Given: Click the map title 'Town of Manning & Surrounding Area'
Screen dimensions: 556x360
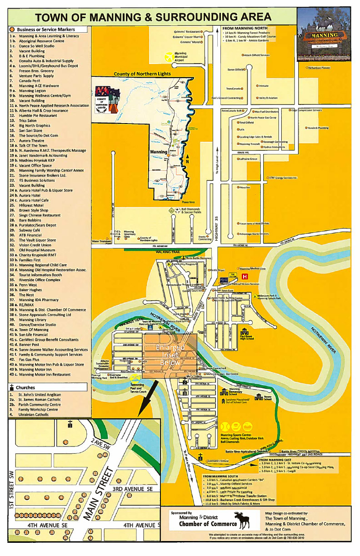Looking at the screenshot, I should click(x=153, y=17).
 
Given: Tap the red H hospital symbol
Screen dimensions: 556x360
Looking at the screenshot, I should click(x=245, y=276).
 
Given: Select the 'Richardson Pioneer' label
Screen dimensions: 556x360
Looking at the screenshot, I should click(x=320, y=67).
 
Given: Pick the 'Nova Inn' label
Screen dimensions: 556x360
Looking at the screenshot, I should click(x=245, y=187).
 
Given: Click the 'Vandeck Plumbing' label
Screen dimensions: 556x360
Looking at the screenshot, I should click(x=318, y=128).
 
